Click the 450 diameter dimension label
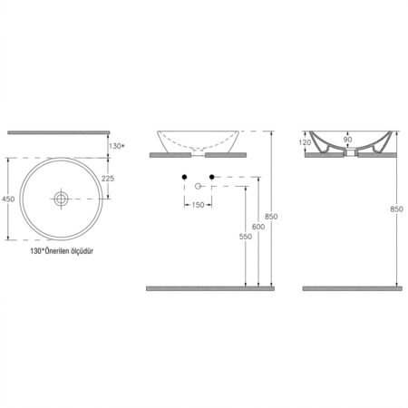8,199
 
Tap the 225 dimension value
108,179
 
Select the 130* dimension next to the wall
117,146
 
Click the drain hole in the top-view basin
61,199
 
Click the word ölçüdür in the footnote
82,251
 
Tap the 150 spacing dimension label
198,205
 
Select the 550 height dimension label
246,237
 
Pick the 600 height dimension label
258,227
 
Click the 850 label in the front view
271,217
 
